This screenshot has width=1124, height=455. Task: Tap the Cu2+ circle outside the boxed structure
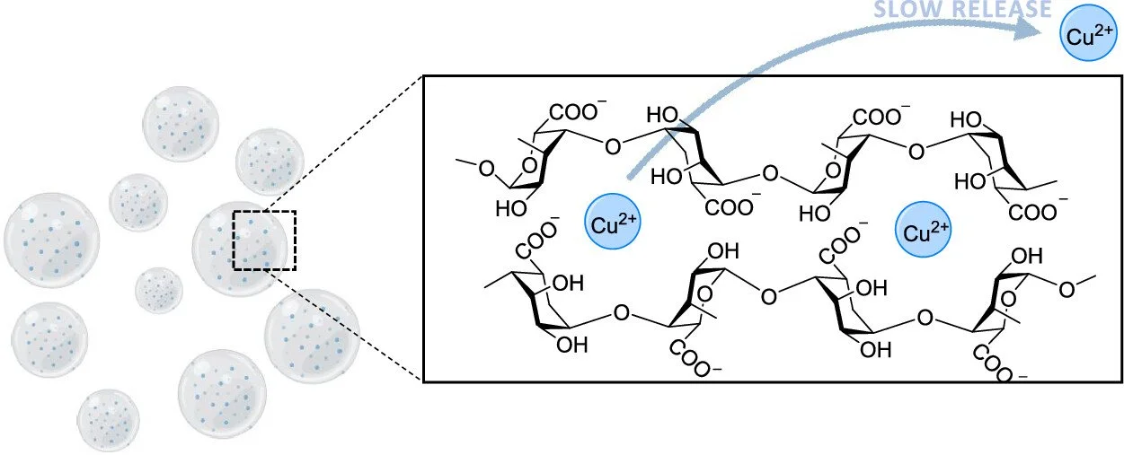[1086, 35]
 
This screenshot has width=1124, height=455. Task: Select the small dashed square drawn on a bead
[264, 240]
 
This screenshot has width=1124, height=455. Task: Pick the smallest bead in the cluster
[159, 290]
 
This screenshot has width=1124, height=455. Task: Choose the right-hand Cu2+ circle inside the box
[924, 233]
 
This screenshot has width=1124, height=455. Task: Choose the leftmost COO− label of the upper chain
[578, 114]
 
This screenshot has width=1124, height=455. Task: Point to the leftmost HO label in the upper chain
[511, 210]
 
